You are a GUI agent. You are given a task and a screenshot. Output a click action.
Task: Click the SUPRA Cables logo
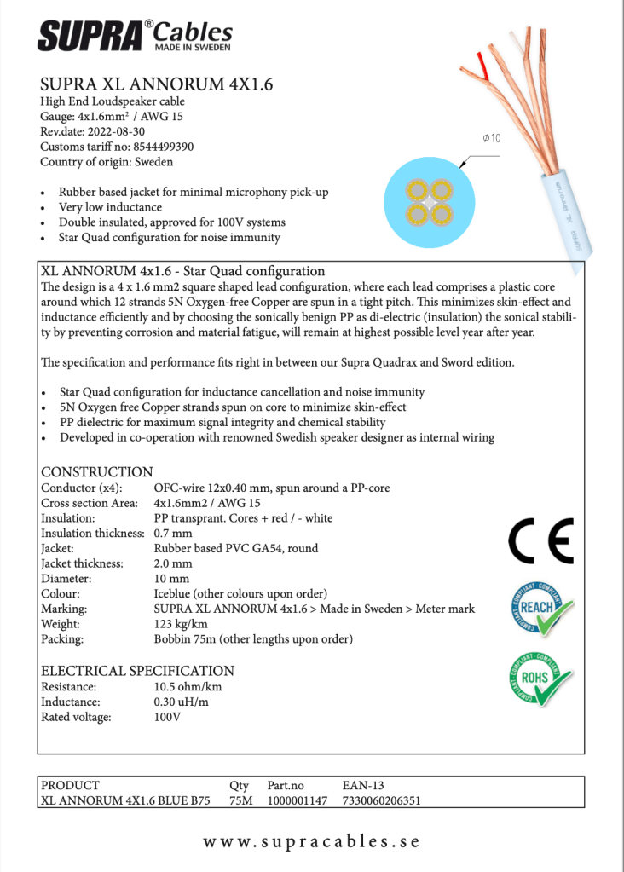(135, 36)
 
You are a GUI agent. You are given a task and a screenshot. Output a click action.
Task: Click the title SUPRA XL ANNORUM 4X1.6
(156, 85)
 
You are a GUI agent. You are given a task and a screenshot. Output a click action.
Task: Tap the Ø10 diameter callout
(491, 138)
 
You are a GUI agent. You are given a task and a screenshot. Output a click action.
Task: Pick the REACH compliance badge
(541, 608)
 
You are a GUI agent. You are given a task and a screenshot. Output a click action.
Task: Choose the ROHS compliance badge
(540, 679)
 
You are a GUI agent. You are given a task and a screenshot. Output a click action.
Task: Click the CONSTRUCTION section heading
(97, 472)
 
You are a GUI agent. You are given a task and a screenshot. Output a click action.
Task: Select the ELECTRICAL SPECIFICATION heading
(137, 671)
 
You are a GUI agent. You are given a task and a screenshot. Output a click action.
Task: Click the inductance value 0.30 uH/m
(181, 702)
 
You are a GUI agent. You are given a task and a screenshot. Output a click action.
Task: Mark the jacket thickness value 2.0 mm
(173, 563)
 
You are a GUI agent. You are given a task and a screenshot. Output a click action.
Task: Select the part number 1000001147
(298, 801)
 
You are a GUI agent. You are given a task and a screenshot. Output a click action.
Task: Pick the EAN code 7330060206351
(381, 801)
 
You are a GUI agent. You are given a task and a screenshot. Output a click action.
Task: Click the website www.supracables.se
(311, 841)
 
